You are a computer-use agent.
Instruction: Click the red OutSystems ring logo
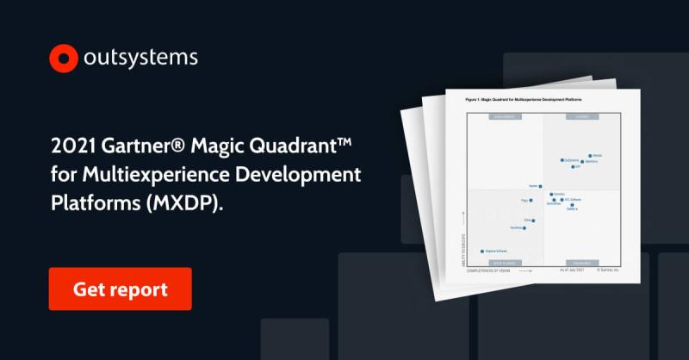(x=64, y=59)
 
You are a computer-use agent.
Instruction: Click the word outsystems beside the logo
(x=141, y=58)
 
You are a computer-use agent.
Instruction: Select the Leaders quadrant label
(x=583, y=118)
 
